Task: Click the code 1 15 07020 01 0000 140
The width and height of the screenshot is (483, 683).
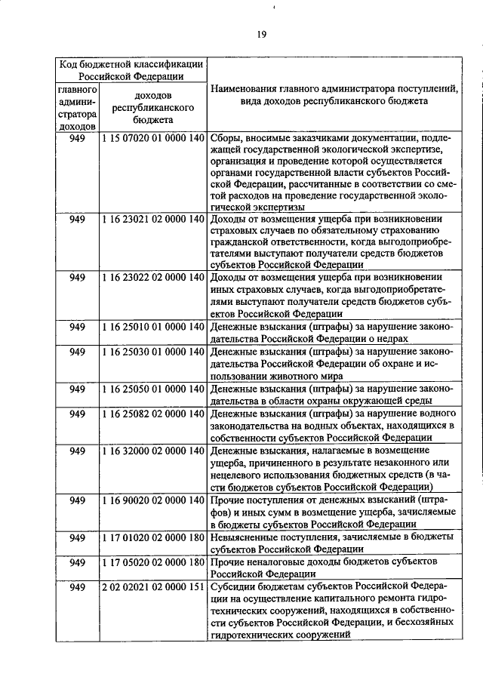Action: [153, 138]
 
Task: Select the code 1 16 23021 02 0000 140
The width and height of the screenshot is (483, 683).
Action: [153, 219]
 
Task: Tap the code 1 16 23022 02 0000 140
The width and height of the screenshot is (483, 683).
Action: [153, 277]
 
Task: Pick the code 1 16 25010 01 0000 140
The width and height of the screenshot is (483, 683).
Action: [153, 327]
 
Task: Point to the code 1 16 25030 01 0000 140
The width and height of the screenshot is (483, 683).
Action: [153, 352]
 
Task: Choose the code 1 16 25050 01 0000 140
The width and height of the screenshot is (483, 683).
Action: [153, 389]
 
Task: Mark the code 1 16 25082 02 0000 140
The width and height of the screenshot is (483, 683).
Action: [153, 414]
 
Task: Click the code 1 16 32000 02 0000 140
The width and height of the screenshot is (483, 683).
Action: [153, 451]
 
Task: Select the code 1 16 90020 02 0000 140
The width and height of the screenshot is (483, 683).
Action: [153, 500]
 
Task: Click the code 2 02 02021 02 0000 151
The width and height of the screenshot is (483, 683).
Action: [153, 587]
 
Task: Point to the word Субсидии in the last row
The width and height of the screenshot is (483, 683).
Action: [235, 587]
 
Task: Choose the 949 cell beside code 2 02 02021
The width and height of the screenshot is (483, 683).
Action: [78, 587]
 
